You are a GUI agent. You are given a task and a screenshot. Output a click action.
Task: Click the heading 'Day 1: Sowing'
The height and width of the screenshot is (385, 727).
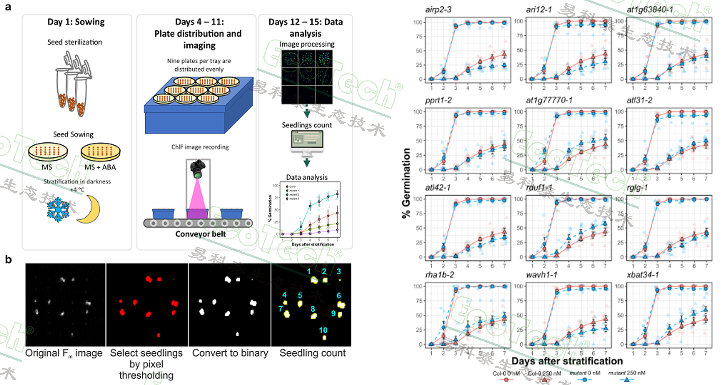click(76, 22)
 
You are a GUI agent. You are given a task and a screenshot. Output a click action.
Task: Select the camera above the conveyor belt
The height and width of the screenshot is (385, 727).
click(197, 168)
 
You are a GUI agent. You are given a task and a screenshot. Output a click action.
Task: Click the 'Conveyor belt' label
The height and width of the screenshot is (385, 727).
click(200, 234)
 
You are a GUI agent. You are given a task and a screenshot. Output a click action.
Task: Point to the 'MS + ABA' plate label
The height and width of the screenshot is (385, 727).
click(100, 167)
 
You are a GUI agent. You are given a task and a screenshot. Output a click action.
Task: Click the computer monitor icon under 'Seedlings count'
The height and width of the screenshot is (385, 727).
click(307, 142)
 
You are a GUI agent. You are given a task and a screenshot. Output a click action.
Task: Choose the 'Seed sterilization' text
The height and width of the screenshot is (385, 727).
click(75, 42)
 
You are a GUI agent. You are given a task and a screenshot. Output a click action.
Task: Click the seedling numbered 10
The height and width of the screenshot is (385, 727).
click(324, 338)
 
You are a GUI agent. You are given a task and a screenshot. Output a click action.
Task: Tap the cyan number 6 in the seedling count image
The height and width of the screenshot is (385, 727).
click(338, 296)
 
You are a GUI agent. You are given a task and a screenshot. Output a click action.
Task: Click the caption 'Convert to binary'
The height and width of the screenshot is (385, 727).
click(230, 353)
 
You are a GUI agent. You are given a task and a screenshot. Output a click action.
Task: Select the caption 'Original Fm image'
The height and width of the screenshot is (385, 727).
click(64, 353)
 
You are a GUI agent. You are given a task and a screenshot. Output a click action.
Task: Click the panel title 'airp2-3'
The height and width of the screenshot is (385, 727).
click(438, 10)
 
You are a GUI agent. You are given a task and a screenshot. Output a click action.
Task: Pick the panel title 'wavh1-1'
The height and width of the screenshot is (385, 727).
click(542, 275)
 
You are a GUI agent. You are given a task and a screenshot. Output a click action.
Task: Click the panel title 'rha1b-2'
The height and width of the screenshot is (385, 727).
click(440, 275)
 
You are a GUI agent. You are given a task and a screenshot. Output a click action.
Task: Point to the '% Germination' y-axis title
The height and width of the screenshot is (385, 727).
click(406, 183)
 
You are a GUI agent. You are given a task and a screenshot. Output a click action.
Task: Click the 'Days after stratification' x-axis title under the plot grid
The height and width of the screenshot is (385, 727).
click(567, 361)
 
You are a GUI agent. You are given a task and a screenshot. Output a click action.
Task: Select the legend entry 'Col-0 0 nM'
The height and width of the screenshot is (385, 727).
click(506, 374)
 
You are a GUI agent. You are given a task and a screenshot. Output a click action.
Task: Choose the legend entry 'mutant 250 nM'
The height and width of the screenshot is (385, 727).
click(627, 373)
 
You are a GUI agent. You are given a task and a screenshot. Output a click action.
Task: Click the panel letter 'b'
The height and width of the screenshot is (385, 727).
click(8, 259)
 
